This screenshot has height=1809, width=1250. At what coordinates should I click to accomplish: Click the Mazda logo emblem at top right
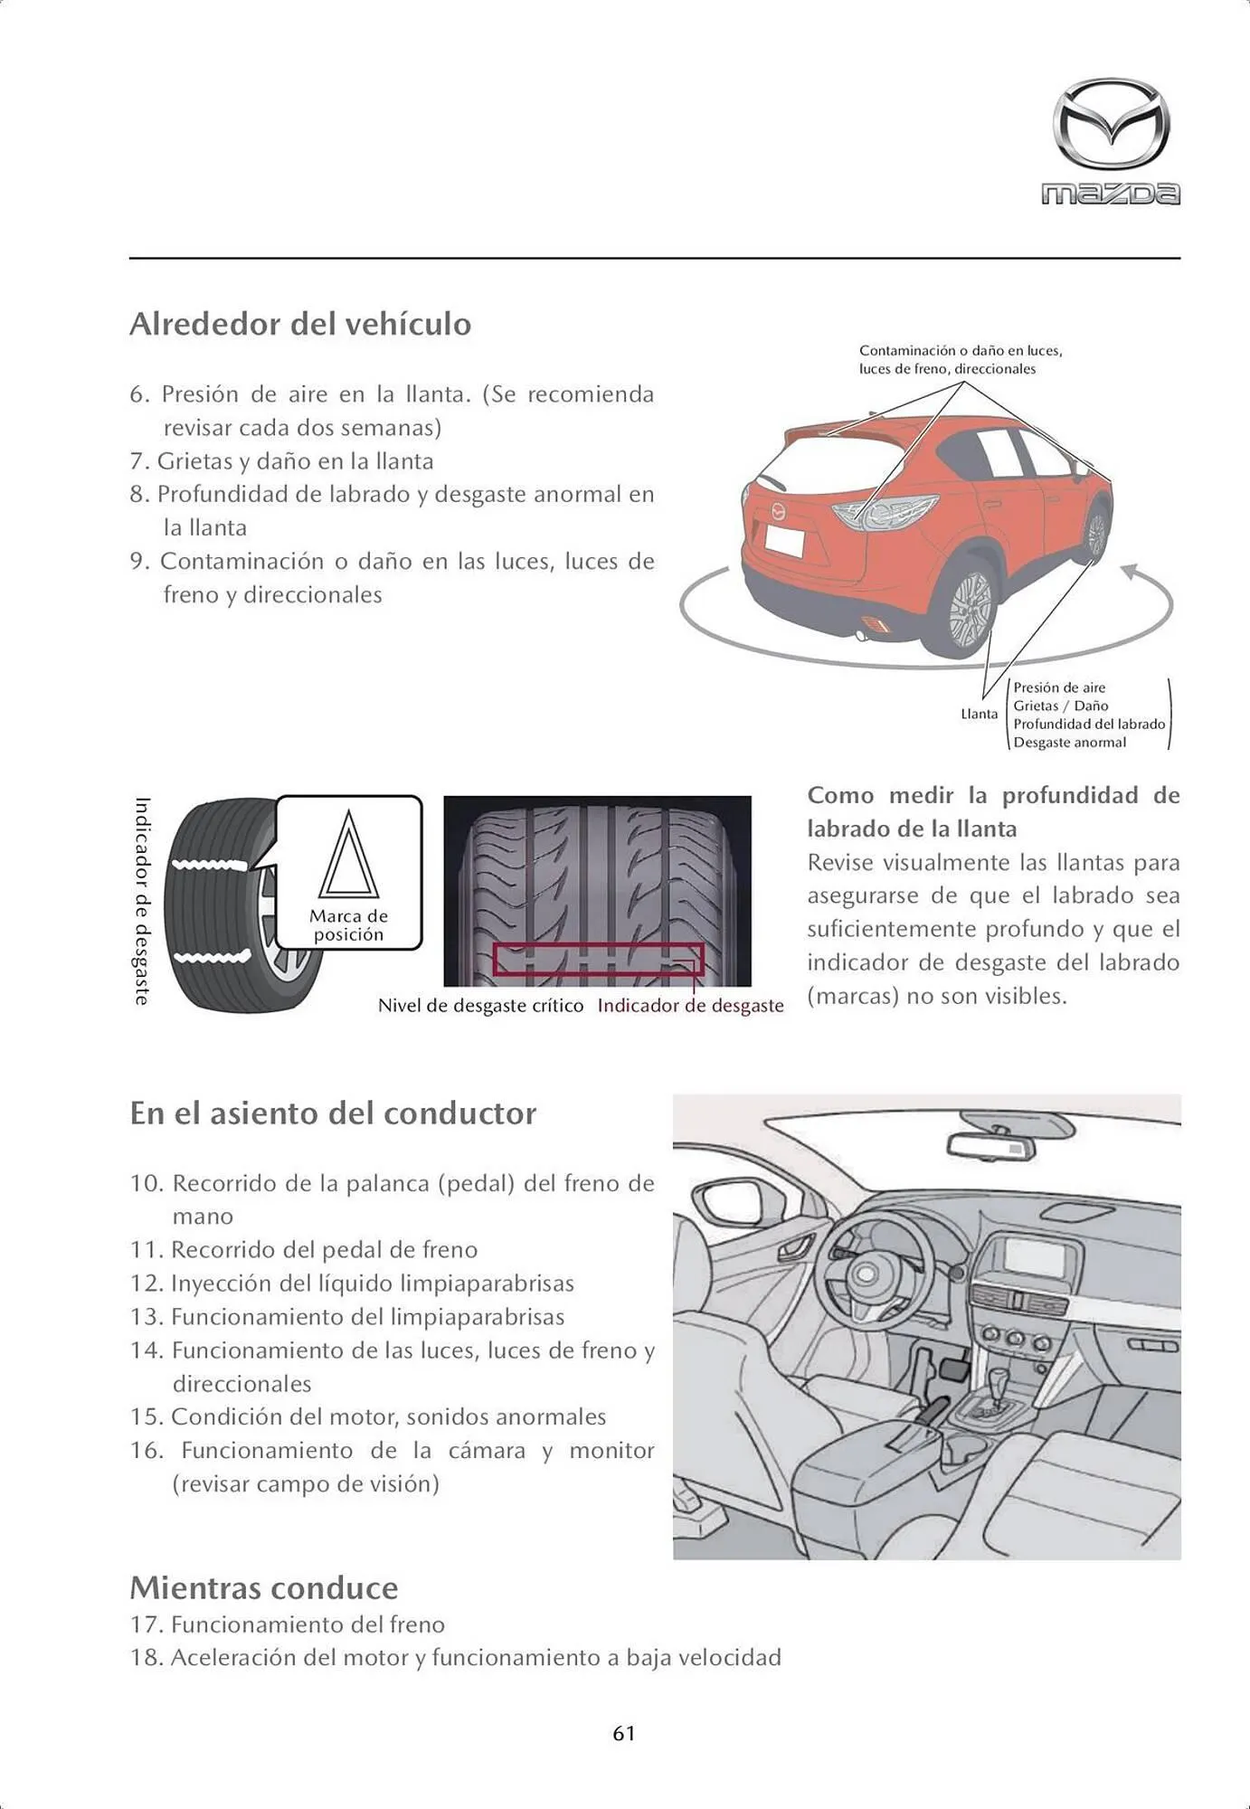point(1111,124)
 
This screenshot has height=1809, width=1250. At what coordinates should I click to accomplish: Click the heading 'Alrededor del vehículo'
point(300,324)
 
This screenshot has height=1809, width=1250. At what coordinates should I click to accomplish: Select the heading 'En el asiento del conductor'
point(333,1113)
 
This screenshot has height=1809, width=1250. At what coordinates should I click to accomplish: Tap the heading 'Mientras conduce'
point(263,1588)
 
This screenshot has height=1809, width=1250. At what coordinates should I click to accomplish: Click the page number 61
point(624,1734)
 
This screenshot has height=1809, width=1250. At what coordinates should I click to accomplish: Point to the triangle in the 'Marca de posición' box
point(348,857)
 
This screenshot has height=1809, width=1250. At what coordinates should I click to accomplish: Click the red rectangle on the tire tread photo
point(598,959)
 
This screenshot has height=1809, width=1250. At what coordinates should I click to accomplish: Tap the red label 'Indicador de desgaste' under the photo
point(690,1006)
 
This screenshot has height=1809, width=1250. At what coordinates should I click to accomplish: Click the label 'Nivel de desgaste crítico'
point(480,1006)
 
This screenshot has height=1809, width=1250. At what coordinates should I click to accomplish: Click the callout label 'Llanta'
point(979,715)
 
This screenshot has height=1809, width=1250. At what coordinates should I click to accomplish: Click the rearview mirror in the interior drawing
point(992,1146)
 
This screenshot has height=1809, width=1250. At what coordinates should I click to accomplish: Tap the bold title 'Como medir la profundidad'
point(992,796)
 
